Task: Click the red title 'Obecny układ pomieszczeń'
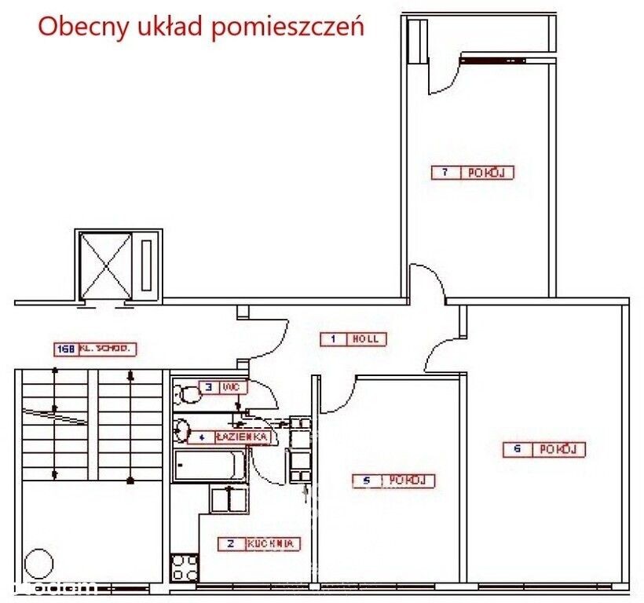[201, 27]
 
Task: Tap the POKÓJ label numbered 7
[472, 173]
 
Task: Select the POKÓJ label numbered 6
[544, 450]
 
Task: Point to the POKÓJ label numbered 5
[393, 481]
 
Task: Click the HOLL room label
[353, 339]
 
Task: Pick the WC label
[223, 386]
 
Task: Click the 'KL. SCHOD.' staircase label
[96, 348]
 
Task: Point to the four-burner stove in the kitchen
[185, 567]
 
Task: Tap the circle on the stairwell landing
[37, 563]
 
